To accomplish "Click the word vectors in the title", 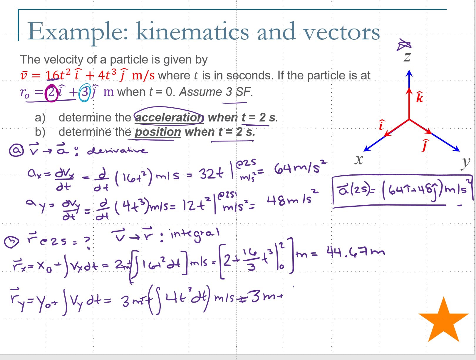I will click(x=341, y=31).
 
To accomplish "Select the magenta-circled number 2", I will click(x=51, y=92).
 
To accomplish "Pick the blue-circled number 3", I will click(x=85, y=92).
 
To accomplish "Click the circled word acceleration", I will click(x=169, y=117).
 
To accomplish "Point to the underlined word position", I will click(x=158, y=132).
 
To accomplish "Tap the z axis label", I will click(x=407, y=57).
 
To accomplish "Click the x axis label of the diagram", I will click(x=358, y=160).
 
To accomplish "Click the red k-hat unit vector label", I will click(x=420, y=97).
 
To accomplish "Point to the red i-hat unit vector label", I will click(x=381, y=125).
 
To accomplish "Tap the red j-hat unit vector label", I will click(x=424, y=145).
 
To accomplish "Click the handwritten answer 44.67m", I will click(x=355, y=252).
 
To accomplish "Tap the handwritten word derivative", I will click(x=117, y=151).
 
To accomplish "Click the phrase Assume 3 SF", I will click(x=216, y=92).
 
